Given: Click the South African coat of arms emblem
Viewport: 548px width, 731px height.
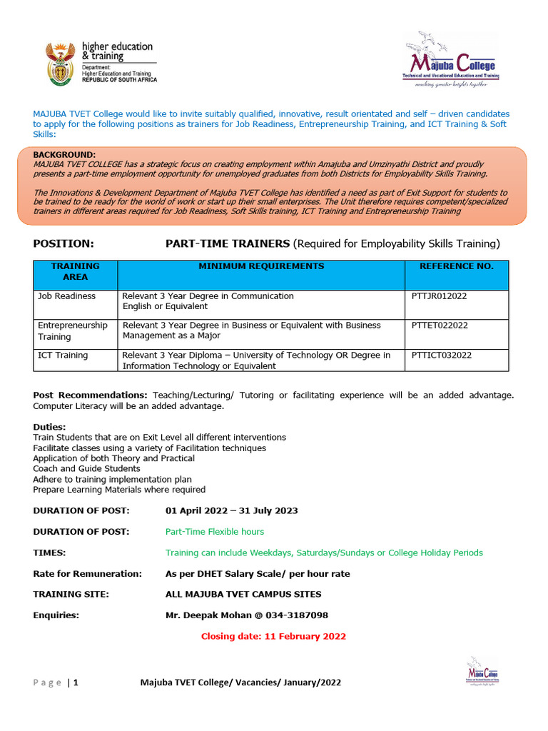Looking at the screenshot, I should (60, 62).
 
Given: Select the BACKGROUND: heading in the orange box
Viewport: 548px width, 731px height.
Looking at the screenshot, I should (64, 155).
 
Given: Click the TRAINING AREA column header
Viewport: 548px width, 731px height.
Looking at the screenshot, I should (75, 271).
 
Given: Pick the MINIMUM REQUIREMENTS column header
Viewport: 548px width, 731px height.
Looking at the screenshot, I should (260, 266).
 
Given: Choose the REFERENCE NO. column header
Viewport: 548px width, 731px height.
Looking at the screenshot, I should (456, 266).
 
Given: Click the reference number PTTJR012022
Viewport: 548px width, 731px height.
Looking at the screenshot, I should (440, 296).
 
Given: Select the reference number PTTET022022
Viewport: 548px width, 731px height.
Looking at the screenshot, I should (440, 326).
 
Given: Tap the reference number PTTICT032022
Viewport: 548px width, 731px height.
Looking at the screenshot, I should (442, 356).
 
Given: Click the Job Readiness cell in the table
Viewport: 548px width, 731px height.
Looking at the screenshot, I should (66, 296).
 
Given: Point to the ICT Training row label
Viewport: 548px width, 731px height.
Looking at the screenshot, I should (63, 356).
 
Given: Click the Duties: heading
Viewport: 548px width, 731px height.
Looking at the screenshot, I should (49, 427).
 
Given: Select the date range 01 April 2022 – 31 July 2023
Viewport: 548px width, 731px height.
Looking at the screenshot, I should (231, 511).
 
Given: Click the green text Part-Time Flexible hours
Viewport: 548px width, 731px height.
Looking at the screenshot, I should (214, 532).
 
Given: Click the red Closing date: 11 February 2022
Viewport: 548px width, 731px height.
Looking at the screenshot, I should (273, 636).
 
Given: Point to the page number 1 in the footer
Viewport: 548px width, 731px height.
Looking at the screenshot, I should (75, 682).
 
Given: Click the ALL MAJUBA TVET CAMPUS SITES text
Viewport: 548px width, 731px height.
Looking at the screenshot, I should (243, 595).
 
